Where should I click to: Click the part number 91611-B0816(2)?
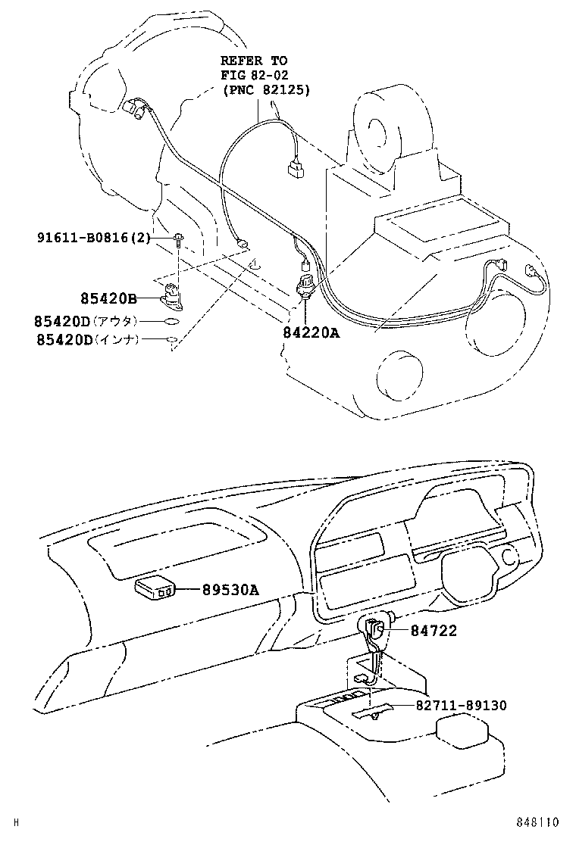coord(93,238)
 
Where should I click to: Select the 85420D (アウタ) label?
coord(86,321)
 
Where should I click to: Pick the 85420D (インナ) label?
coord(86,341)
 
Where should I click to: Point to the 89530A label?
coord(230,590)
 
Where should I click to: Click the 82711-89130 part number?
coord(461,705)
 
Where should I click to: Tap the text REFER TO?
coord(255,60)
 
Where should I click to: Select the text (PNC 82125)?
coord(266,90)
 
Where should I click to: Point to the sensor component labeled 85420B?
coord(174,295)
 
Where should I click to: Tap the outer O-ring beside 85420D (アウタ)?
coord(172,322)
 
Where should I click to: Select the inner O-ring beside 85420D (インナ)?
coord(172,341)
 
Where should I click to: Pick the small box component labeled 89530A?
coord(155,588)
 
